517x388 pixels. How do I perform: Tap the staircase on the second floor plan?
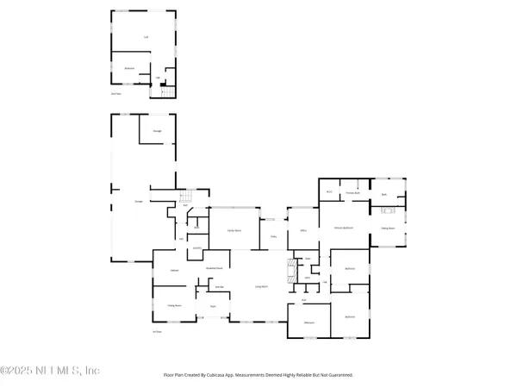tap(168, 91)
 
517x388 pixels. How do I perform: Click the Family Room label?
tap(233, 231)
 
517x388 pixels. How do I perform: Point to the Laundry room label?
tap(196, 249)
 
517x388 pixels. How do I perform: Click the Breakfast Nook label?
tap(215, 269)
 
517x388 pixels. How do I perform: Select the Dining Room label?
tap(173, 305)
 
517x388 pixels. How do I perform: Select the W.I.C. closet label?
tap(329, 191)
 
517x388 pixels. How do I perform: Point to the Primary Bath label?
tap(352, 193)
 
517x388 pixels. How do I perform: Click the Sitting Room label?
tap(388, 228)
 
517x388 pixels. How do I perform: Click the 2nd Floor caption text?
tap(115, 92)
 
